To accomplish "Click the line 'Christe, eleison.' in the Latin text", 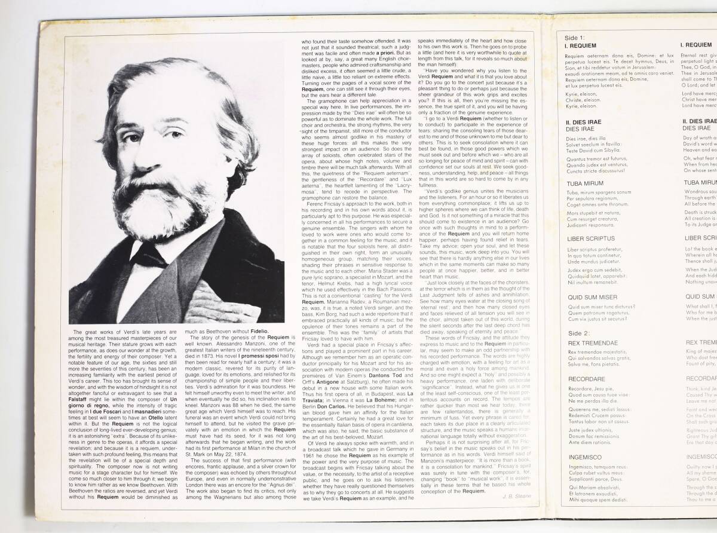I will pos(581,102).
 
